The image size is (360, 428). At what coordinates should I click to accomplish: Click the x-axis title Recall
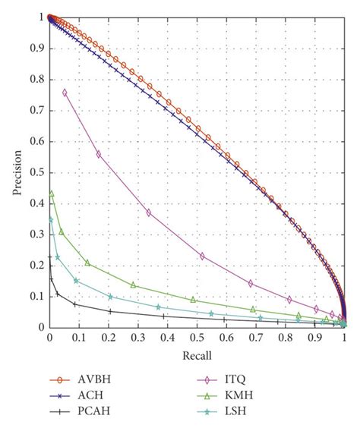click(x=197, y=354)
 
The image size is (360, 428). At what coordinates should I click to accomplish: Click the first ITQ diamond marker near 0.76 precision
click(x=65, y=93)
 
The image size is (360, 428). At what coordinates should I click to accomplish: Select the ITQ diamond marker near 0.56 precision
click(x=99, y=154)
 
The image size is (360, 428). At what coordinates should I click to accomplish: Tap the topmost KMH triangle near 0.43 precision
click(x=52, y=194)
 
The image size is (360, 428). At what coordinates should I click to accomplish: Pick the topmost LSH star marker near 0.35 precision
click(x=51, y=219)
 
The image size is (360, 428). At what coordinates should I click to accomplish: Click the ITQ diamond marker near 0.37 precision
click(x=149, y=212)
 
